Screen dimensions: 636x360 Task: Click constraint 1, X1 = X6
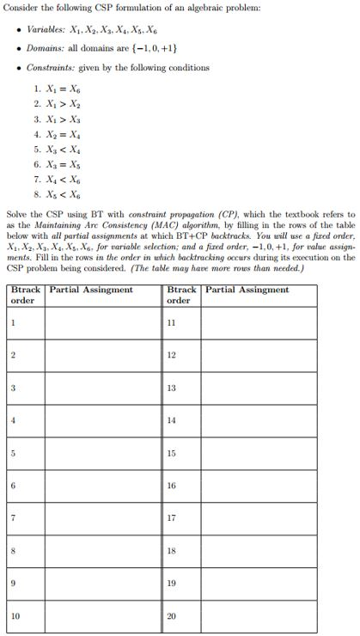pyautogui.click(x=57, y=89)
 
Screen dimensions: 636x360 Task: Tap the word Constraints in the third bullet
pyautogui.click(x=51, y=67)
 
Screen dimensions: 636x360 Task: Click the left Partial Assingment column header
pyautogui.click(x=91, y=290)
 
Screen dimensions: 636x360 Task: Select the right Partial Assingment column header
pyautogui.click(x=247, y=290)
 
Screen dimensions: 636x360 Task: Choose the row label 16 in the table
pyautogui.click(x=172, y=486)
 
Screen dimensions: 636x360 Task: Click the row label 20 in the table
pyautogui.click(x=172, y=615)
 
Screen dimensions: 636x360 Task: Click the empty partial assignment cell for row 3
pyautogui.click(x=102, y=388)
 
